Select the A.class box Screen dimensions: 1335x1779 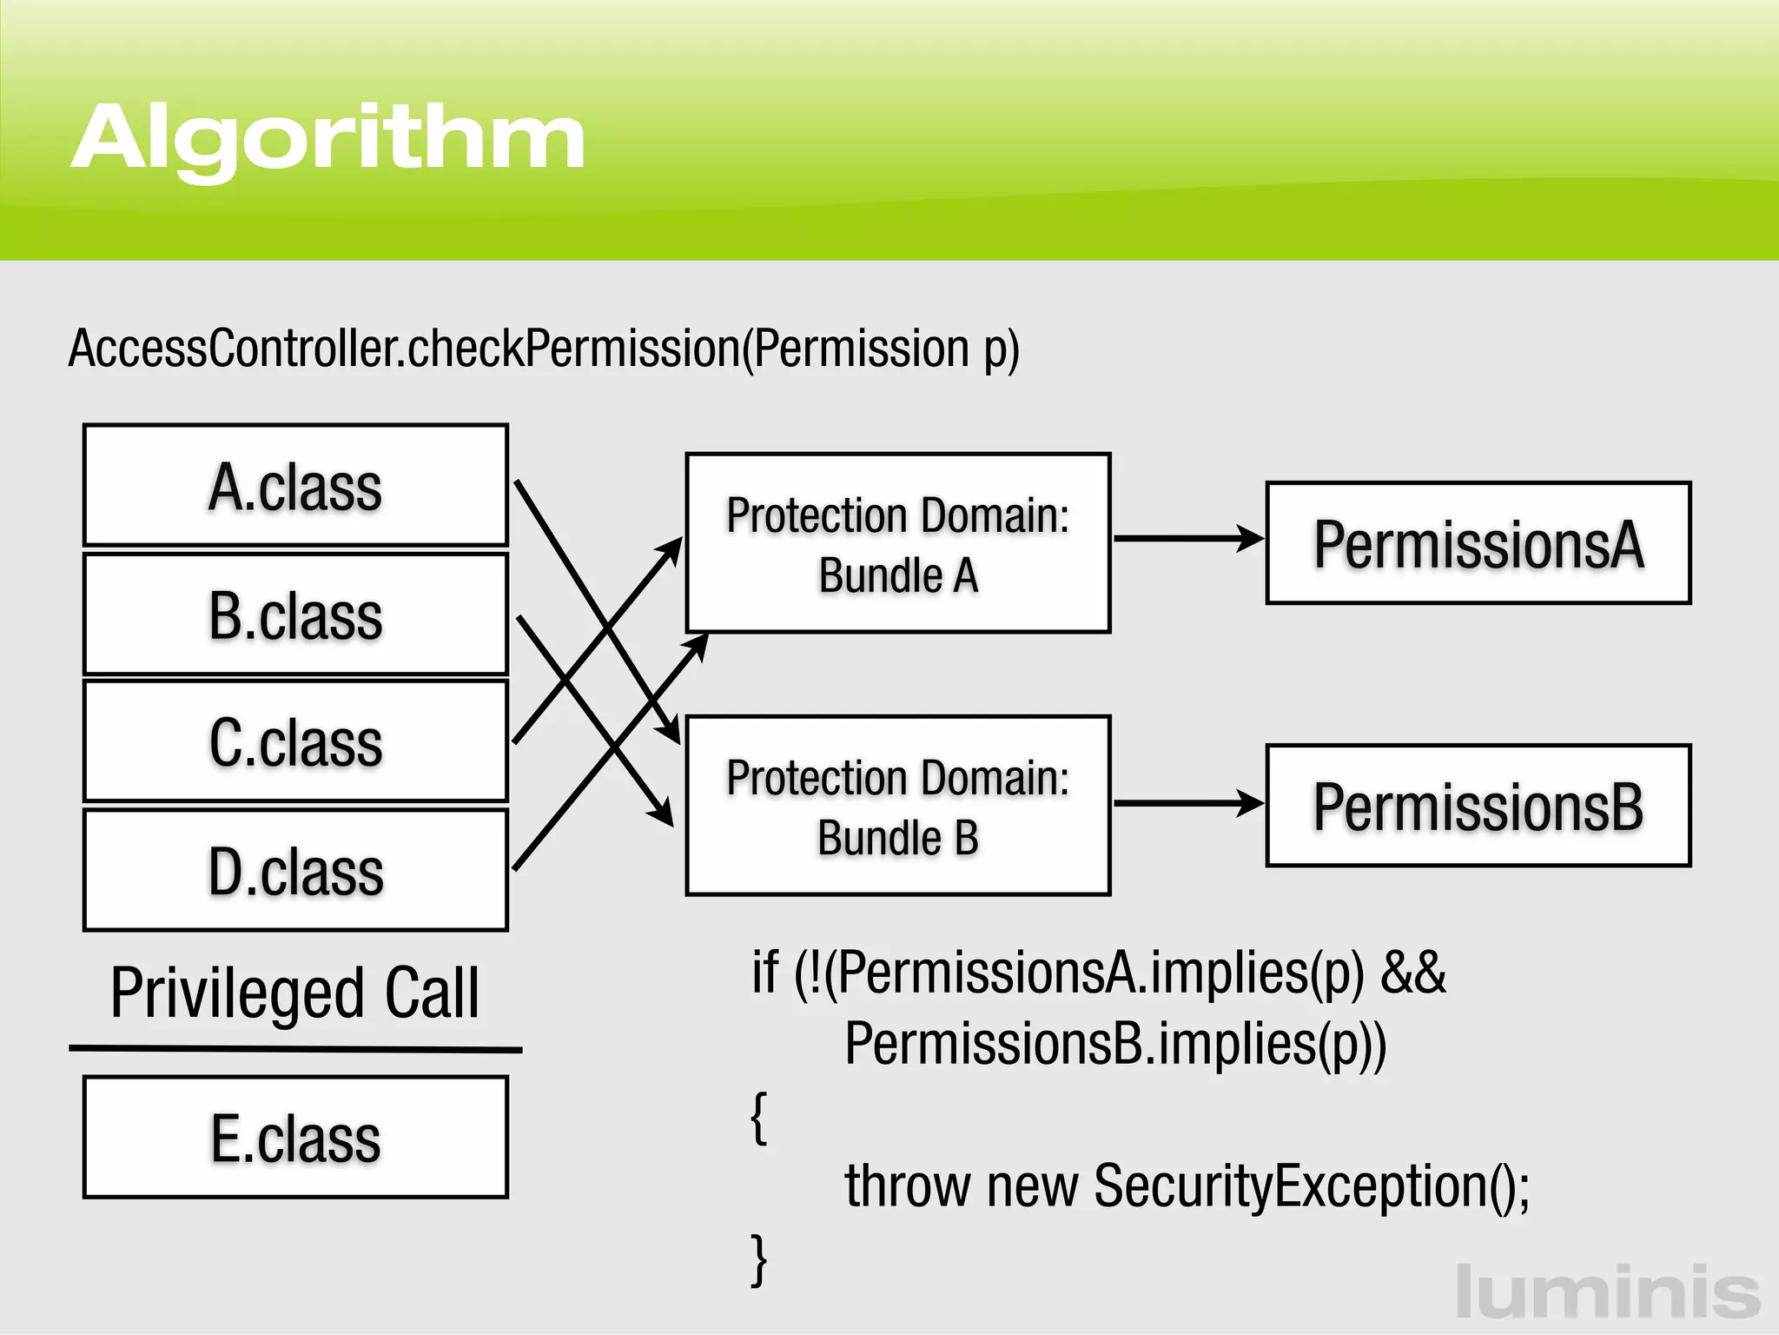pos(295,485)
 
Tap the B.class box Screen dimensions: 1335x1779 pos(295,614)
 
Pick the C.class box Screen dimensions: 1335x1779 pos(295,741)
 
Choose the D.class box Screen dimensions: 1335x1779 pos(295,870)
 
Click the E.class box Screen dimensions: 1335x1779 pos(295,1137)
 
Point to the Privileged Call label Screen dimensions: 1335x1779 pos(295,993)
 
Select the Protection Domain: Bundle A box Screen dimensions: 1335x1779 pos(898,543)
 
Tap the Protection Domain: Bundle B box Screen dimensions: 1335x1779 pos(898,806)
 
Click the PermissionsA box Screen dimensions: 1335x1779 pos(1478,543)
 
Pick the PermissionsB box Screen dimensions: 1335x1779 pos(1478,806)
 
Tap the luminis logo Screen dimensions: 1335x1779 pos(1607,1292)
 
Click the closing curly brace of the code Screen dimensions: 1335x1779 pos(759,1258)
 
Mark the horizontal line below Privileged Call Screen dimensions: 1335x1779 pos(295,1049)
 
